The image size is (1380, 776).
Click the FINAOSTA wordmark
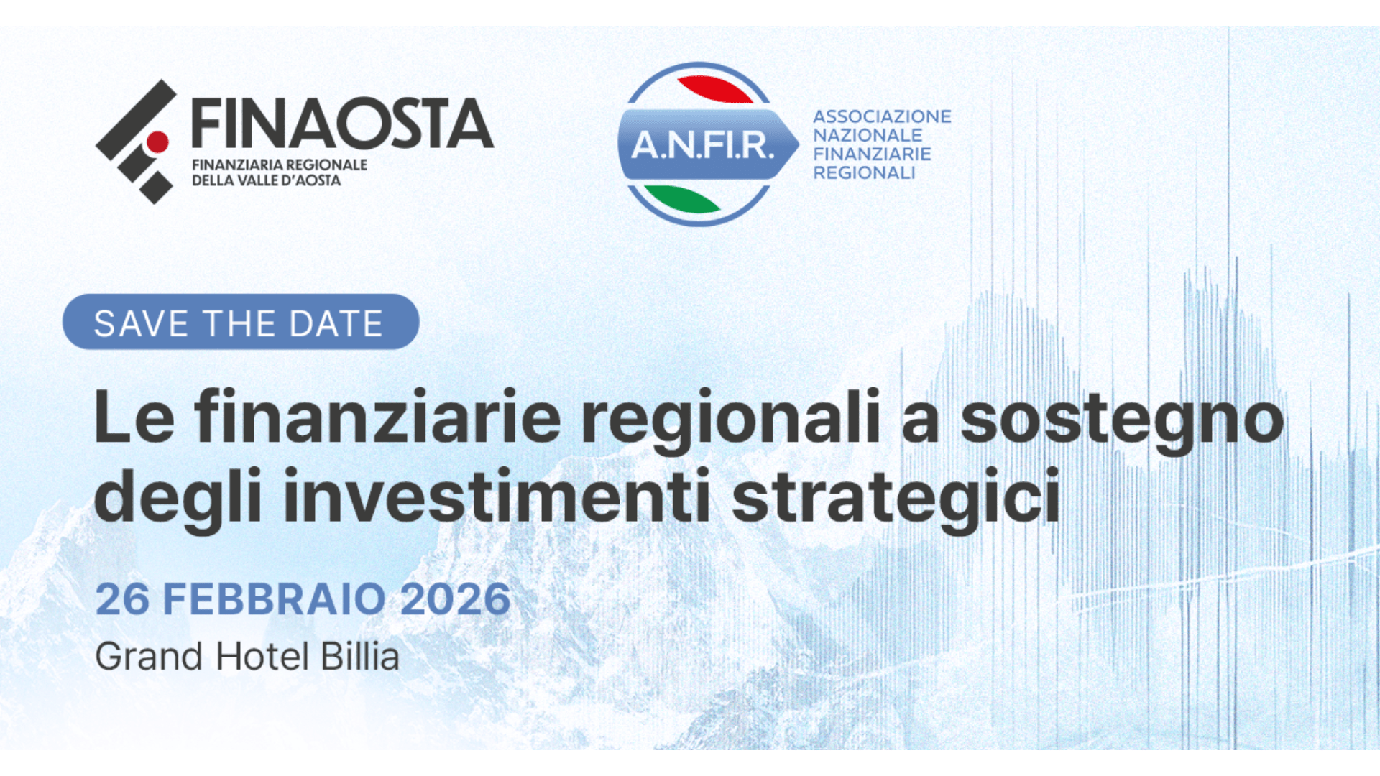point(342,124)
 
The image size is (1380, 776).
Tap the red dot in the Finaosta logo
point(157,142)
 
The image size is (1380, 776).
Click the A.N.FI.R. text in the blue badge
point(703,145)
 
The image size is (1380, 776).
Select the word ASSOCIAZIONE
point(882,116)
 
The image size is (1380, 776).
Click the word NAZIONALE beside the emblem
point(868,135)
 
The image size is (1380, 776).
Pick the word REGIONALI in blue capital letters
point(864,172)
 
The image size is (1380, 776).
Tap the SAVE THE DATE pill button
point(241,322)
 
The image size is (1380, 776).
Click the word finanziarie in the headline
point(377,417)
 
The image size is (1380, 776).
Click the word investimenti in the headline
point(497,496)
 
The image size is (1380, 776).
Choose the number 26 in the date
point(122,599)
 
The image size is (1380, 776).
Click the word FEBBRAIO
point(275,599)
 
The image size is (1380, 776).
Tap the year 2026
point(455,599)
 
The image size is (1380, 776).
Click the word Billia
point(360,656)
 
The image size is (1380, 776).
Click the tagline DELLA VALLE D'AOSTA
point(266,180)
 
